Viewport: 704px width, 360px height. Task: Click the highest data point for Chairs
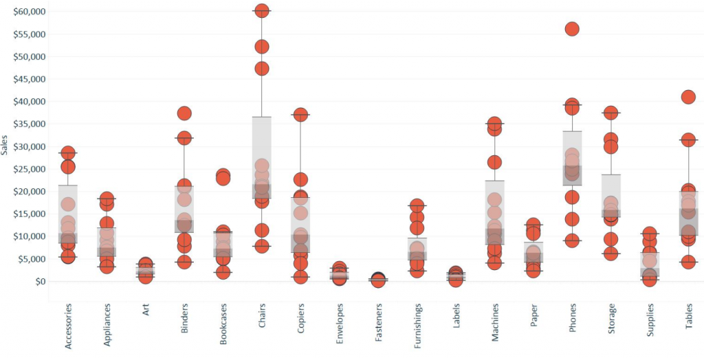click(261, 11)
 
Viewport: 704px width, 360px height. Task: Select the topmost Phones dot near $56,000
click(572, 29)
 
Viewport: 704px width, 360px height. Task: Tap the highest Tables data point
click(688, 97)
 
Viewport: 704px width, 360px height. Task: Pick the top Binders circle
click(184, 113)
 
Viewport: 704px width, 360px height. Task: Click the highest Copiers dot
click(300, 115)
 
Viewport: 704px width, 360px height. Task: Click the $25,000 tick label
click(28, 169)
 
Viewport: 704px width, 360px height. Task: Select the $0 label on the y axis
click(39, 281)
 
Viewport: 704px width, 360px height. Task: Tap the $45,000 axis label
click(28, 79)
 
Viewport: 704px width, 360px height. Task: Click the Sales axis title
click(5, 146)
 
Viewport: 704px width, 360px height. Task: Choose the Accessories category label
click(68, 326)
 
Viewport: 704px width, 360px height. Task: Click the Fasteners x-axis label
click(378, 327)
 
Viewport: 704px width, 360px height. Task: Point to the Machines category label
click(494, 327)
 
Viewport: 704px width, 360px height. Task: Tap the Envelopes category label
click(340, 327)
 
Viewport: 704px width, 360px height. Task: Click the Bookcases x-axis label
click(223, 327)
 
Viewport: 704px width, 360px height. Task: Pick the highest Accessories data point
click(68, 153)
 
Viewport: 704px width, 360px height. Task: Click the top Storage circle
click(610, 113)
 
